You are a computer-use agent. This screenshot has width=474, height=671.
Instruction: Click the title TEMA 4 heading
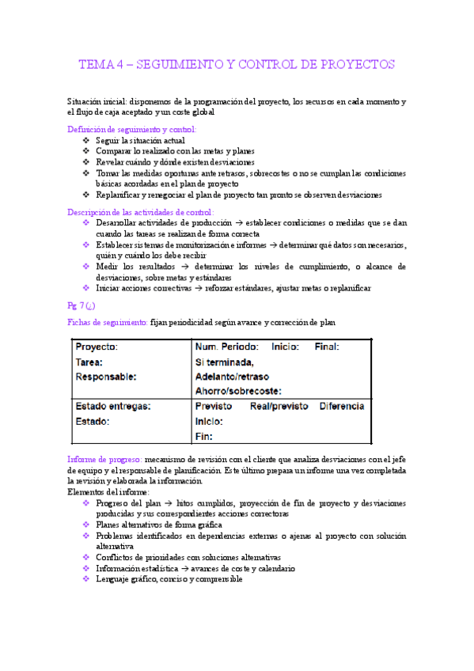pyautogui.click(x=237, y=64)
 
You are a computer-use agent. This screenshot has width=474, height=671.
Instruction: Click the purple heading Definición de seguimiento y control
pyautogui.click(x=132, y=129)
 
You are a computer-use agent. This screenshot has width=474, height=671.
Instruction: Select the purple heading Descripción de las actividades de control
pyautogui.click(x=141, y=212)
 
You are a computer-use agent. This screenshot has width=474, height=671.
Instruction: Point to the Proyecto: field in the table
pyautogui.click(x=97, y=347)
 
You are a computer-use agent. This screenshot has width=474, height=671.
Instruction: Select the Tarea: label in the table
pyautogui.click(x=89, y=362)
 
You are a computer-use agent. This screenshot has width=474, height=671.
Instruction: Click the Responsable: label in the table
pyautogui.click(x=105, y=377)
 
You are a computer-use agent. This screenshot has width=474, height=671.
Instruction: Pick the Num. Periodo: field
pyautogui.click(x=226, y=347)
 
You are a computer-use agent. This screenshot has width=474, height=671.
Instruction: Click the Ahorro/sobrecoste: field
pyautogui.click(x=238, y=391)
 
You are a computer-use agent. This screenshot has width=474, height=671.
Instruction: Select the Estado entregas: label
pyautogui.click(x=113, y=407)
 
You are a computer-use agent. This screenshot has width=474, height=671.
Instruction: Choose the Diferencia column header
pyautogui.click(x=342, y=407)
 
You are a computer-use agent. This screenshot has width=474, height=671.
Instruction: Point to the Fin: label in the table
pyautogui.click(x=203, y=436)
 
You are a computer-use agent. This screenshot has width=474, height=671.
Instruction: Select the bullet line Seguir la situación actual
pyautogui.click(x=140, y=140)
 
